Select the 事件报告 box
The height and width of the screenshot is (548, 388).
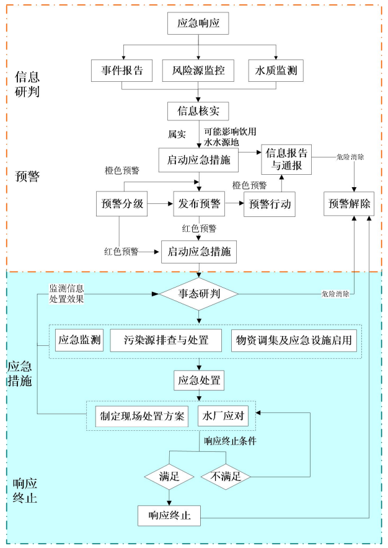tap(122, 71)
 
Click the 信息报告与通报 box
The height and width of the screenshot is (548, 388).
tap(286, 159)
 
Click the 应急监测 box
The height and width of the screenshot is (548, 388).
tap(80, 340)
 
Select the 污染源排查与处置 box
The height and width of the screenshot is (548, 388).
tap(167, 340)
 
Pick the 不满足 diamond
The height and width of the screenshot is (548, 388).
tap(225, 477)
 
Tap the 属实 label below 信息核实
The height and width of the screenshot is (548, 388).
tap(177, 134)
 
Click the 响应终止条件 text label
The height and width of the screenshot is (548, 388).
tap(232, 441)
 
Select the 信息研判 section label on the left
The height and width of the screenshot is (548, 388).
tap(27, 86)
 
